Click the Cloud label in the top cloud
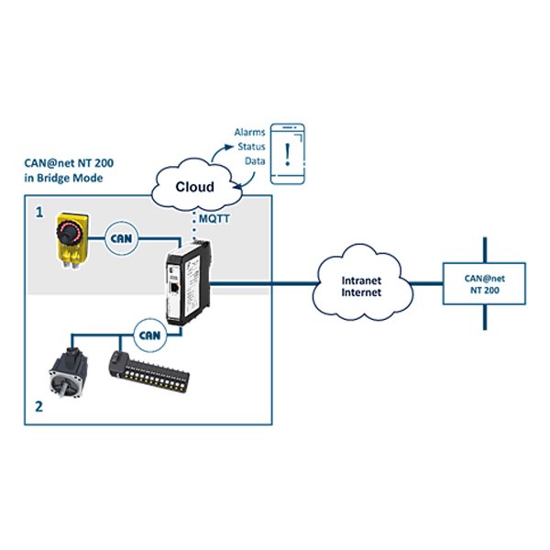pos(194,186)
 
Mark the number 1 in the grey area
pos(38,212)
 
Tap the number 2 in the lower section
pos(38,406)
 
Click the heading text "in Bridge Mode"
pos(62,178)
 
